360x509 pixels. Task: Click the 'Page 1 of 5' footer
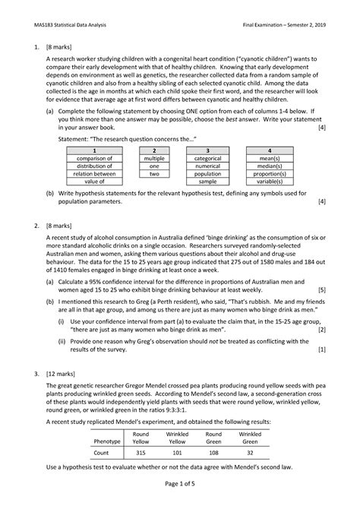point(180,495)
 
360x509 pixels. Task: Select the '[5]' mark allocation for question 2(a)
point(322,289)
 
